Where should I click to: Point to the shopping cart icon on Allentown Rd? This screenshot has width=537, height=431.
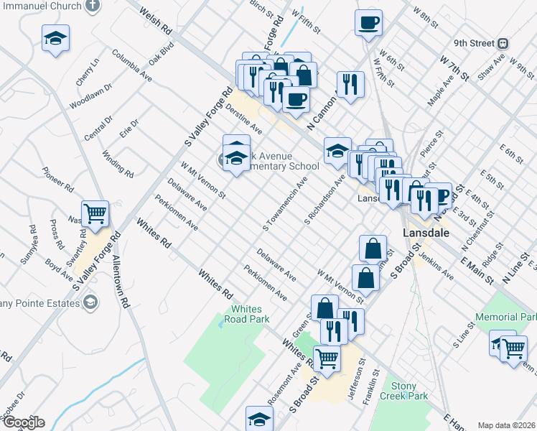(x=95, y=213)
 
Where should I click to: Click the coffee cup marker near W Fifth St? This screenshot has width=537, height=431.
(x=368, y=23)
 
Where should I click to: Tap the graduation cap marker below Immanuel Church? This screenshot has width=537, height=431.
(x=55, y=40)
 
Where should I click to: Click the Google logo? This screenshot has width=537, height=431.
(x=23, y=422)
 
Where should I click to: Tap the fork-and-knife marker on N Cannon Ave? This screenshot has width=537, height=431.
(x=350, y=84)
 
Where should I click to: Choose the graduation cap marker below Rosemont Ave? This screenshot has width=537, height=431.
(x=259, y=419)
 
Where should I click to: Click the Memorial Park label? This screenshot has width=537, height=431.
(x=505, y=318)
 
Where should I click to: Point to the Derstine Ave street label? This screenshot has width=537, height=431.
(x=243, y=119)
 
